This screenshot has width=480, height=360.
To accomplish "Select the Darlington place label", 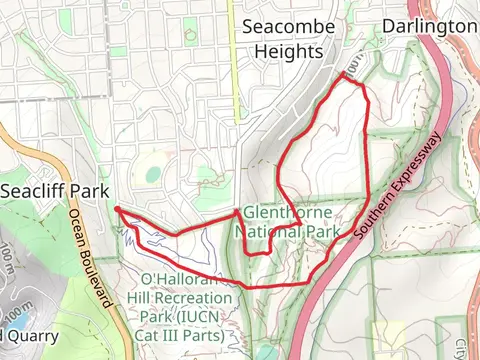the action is coord(430,25).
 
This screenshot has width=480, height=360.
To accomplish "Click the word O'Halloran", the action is coord(183,280).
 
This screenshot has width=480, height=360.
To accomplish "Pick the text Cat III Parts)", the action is coord(185,334).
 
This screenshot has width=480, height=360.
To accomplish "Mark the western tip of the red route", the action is coord(117,208).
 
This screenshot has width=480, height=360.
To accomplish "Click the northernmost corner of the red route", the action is coord(343,73).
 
